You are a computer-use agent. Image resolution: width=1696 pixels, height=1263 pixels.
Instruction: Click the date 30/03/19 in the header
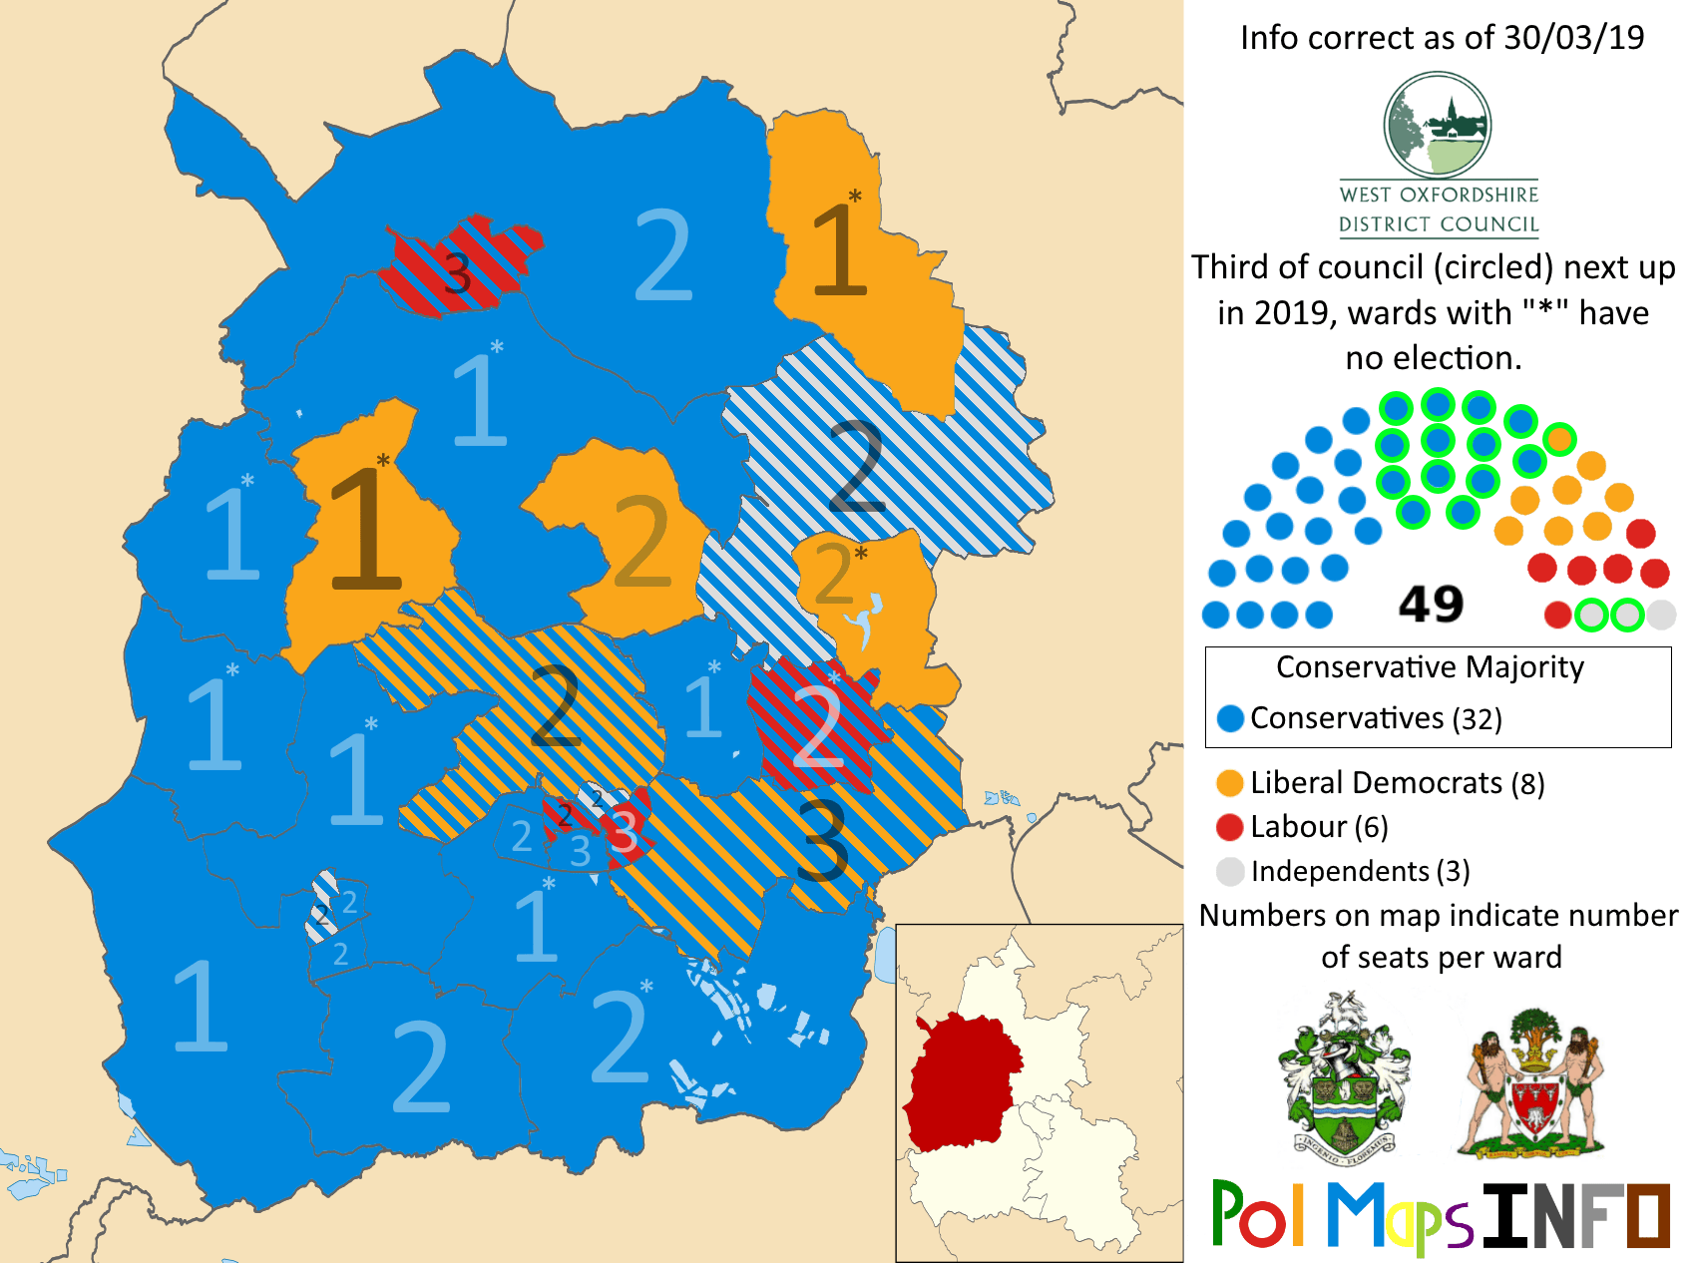pos(1573,38)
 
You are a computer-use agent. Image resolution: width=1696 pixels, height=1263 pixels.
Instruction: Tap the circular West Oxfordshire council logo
pos(1438,126)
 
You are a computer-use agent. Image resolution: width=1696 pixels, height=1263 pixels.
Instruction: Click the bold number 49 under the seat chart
pos(1431,604)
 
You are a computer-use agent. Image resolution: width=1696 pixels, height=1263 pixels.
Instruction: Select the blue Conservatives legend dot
pos(1231,718)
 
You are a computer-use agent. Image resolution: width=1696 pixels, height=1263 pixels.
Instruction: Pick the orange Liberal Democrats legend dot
pos(1230,783)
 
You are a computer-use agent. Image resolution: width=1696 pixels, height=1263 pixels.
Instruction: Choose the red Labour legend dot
pos(1230,827)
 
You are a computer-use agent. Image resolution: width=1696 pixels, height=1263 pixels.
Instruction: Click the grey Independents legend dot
pos(1230,871)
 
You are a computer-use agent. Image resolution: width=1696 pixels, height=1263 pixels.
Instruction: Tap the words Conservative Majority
pos(1430,666)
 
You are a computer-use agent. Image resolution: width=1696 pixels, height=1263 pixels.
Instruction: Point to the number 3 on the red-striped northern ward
pos(457,271)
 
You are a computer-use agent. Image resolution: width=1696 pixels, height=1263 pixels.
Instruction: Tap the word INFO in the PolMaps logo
pos(1576,1215)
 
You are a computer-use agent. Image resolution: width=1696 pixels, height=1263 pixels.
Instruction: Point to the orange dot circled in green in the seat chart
pos(1559,439)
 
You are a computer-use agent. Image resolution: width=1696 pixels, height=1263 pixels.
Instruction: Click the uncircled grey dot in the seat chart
pos(1661,615)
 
